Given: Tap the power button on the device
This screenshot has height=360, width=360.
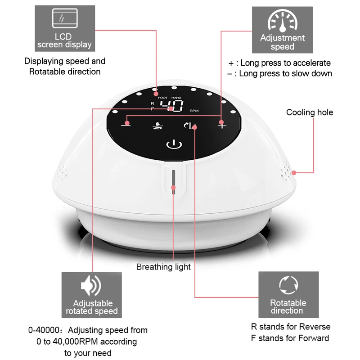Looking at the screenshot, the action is (174, 144).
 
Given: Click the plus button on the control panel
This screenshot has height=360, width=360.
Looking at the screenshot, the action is (221, 125).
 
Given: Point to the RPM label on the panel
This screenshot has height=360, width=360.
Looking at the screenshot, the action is (194, 111).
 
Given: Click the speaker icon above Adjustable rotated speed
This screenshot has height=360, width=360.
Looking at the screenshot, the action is (91, 287).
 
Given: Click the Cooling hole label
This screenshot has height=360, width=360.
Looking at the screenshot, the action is (310, 112).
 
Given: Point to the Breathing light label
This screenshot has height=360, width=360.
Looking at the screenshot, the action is (163, 267).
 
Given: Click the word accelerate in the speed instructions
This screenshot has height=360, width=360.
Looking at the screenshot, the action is (310, 63).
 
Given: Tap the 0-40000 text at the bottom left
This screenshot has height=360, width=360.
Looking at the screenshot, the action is (43, 330).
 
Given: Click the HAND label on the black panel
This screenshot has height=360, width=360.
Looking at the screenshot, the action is (176, 98).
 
